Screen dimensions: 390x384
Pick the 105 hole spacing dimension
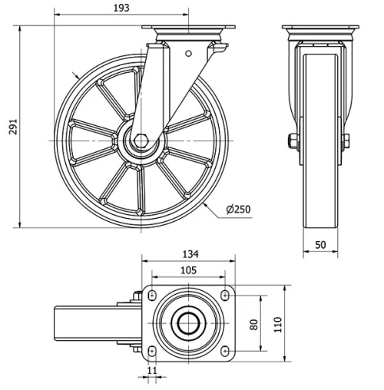[x=187, y=270]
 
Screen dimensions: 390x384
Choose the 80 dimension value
[x=254, y=323]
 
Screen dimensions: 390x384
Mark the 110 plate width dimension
[x=278, y=323]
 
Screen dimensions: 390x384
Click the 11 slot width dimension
[x=151, y=371]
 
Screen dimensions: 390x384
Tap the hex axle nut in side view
[x=143, y=140]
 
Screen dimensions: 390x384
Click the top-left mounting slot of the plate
[x=152, y=296]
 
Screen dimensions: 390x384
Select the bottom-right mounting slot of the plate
[x=224, y=350]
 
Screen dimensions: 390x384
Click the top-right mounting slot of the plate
[x=224, y=296]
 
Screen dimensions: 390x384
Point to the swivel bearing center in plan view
[x=188, y=323]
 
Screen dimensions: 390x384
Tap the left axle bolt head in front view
[x=293, y=140]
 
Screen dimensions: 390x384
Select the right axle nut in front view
[x=346, y=140]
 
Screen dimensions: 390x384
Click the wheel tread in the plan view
[x=65, y=323]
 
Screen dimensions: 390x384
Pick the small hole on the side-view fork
[x=187, y=53]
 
